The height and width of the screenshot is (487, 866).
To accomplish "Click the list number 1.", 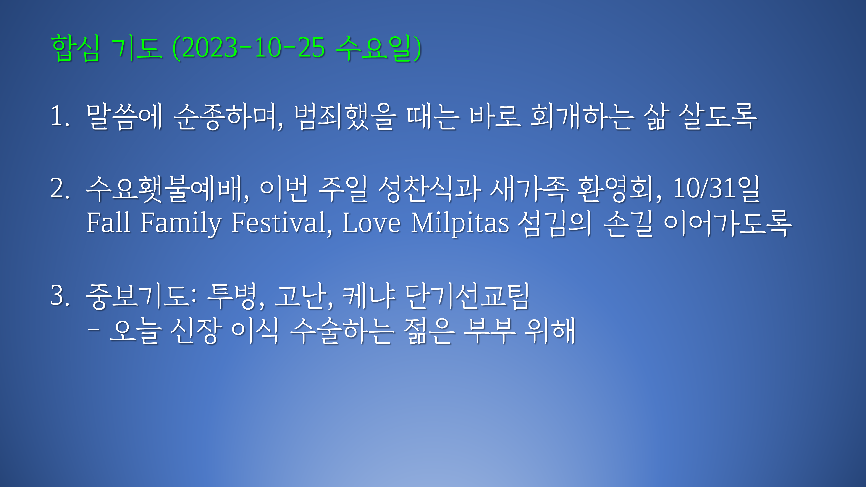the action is [60, 116].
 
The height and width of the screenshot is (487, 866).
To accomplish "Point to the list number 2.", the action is [60, 189].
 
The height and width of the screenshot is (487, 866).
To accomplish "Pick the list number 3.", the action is [60, 295].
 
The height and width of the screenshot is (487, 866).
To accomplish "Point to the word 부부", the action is [490, 331].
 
